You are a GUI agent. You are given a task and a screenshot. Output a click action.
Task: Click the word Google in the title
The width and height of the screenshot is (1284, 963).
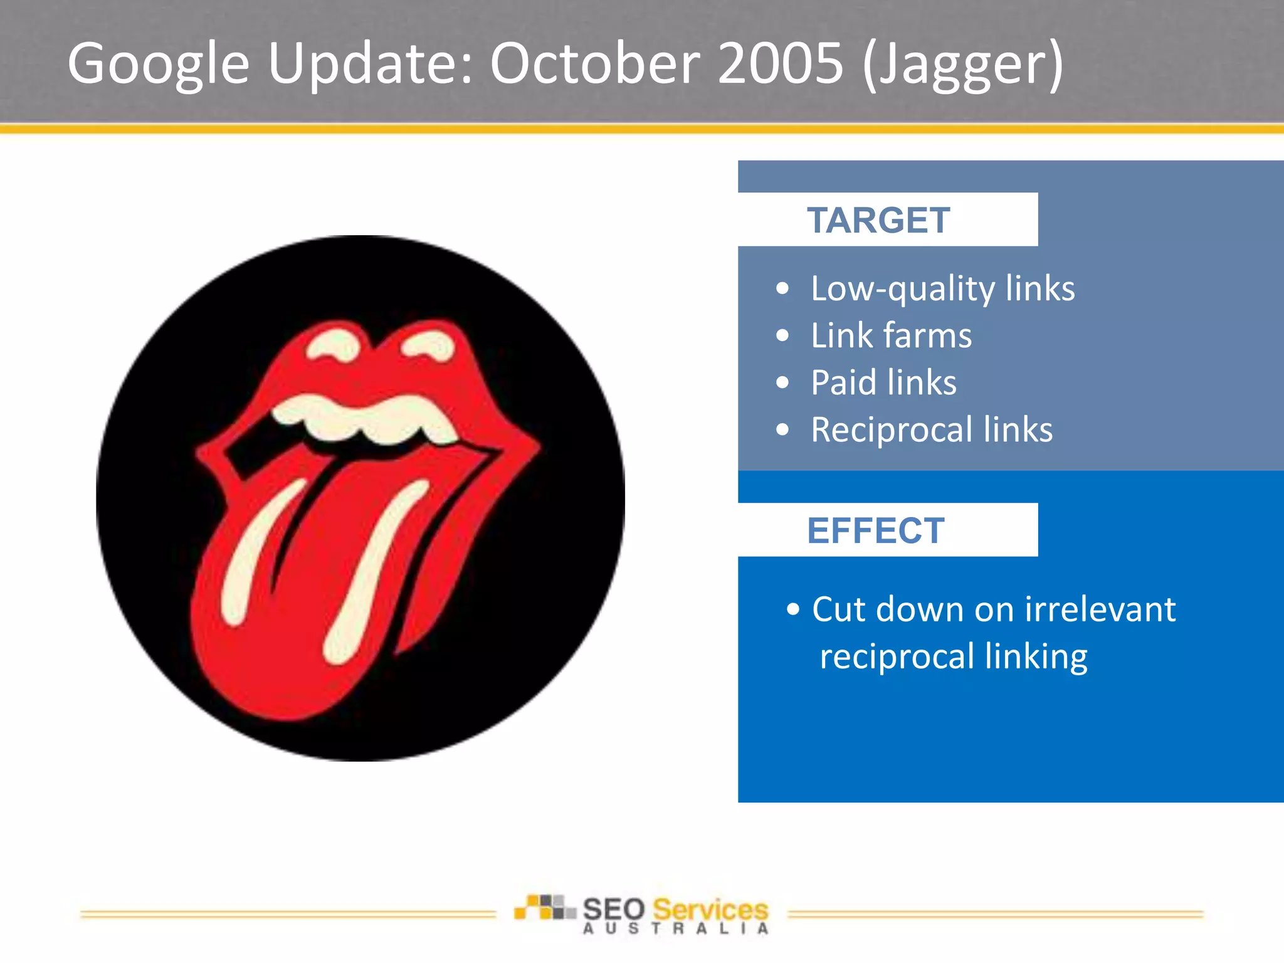tap(159, 64)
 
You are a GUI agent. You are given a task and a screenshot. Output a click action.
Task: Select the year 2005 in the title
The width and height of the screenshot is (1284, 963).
tap(780, 64)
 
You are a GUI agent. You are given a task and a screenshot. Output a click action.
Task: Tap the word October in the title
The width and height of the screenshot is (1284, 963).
tap(594, 64)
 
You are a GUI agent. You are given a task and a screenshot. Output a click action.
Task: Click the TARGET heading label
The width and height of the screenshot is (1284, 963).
tap(878, 221)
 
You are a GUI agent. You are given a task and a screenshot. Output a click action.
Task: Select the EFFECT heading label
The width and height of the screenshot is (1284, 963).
tap(875, 531)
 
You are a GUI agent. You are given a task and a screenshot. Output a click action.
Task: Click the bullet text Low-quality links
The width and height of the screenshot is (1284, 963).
tap(942, 289)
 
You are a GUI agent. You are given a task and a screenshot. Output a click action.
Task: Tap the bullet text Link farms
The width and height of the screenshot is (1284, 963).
tap(891, 335)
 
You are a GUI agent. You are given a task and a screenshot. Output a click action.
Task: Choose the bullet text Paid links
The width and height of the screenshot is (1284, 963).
tap(883, 382)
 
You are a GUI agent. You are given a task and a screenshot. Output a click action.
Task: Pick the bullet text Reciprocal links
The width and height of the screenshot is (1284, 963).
tap(931, 430)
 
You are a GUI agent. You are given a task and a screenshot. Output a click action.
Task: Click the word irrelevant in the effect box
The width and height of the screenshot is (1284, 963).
tap(1100, 609)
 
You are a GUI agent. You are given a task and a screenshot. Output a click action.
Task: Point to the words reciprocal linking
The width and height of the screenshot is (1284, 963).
tap(953, 657)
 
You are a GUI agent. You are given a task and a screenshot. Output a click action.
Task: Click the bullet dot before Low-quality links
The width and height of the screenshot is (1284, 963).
tap(782, 289)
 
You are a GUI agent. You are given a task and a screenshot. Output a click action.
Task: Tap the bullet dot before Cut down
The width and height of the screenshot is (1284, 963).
tap(793, 609)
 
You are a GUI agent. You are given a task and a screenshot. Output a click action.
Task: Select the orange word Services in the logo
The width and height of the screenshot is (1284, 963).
tap(710, 909)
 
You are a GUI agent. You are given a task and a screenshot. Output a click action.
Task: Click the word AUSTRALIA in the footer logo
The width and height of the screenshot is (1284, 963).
tap(675, 929)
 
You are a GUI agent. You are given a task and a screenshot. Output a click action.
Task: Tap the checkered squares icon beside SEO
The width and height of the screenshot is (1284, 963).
tap(544, 907)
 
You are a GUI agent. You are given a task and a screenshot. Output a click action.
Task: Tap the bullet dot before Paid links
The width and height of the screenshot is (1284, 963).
tap(782, 382)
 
